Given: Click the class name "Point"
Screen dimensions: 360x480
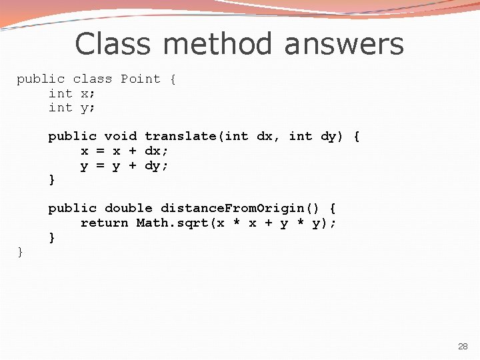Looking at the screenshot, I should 140,79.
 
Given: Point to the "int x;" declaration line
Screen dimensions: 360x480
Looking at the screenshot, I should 72,93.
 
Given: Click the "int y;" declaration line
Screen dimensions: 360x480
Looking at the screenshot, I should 72,107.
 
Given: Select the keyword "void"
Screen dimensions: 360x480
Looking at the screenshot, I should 120,136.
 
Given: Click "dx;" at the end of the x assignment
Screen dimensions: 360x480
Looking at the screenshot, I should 156,151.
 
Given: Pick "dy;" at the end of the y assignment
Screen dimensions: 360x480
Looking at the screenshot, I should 156,165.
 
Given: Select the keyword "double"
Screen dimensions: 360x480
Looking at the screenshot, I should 128,208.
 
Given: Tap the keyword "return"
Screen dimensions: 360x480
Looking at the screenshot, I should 104,223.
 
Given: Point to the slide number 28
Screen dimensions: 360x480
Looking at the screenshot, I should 463,347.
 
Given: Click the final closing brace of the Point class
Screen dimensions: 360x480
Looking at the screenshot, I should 20,251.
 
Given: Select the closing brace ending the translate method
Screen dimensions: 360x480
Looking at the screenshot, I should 52,179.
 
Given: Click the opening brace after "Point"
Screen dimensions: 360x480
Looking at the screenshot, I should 173,79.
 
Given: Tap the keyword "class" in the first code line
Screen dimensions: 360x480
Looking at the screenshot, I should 92,79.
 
